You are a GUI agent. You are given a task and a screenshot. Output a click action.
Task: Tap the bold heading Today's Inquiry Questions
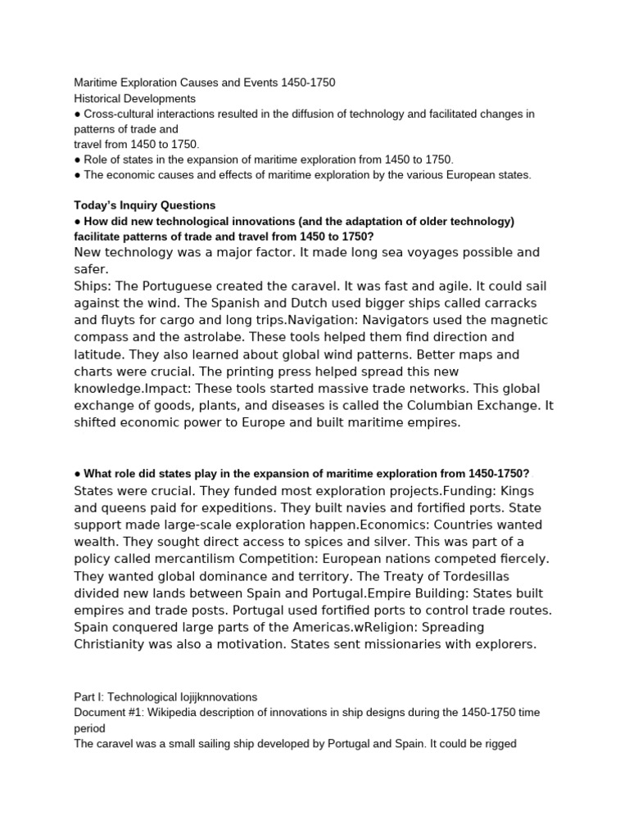pyautogui.click(x=145, y=205)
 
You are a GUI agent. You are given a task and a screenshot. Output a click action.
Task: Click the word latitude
pyautogui.click(x=101, y=354)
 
